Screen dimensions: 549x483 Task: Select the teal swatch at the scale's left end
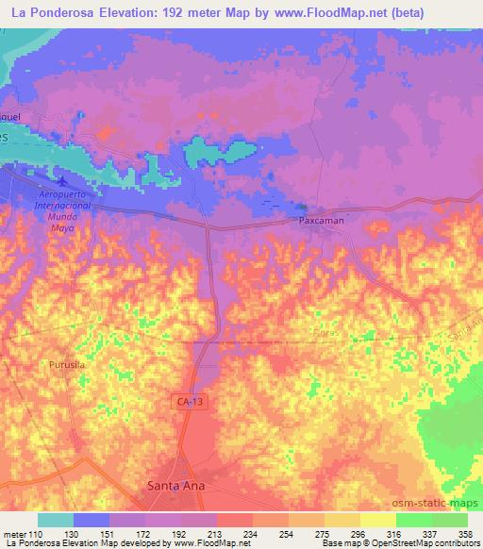56,520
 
